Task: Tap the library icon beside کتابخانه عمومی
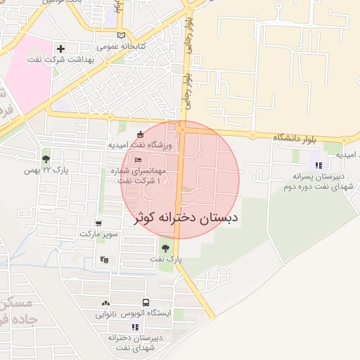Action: coord(121,35)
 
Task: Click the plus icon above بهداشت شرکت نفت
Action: coord(60,49)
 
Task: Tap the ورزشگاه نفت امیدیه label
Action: coord(139,145)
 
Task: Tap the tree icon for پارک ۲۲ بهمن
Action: coord(46,159)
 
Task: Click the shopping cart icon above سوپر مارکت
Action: coord(98,223)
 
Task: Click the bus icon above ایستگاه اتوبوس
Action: coord(145,302)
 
